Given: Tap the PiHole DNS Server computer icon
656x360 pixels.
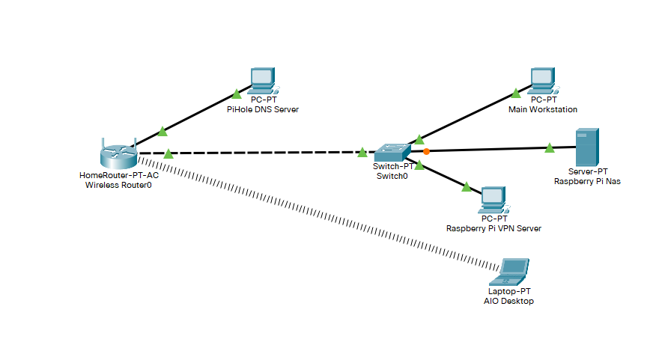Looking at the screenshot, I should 263,80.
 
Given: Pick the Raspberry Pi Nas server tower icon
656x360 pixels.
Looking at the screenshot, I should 586,147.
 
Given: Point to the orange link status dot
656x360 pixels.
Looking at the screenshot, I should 426,151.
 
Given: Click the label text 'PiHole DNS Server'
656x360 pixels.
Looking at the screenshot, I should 263,109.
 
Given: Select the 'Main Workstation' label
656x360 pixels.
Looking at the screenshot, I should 543,109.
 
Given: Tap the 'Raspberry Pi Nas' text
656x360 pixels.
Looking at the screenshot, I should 587,181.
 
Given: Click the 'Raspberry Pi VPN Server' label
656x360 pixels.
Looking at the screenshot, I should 493,228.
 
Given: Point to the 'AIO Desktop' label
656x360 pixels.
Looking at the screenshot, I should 509,301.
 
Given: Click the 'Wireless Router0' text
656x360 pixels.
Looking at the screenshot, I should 118,185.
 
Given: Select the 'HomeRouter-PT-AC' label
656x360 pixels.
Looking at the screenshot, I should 118,175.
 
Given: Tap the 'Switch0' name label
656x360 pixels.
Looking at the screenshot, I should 392,176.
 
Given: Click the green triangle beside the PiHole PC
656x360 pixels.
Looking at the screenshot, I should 236,94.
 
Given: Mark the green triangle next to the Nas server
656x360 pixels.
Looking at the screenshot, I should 550,147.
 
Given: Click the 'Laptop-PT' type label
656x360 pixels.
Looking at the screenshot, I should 509,291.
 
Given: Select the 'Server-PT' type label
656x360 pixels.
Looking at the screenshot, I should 587,171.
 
